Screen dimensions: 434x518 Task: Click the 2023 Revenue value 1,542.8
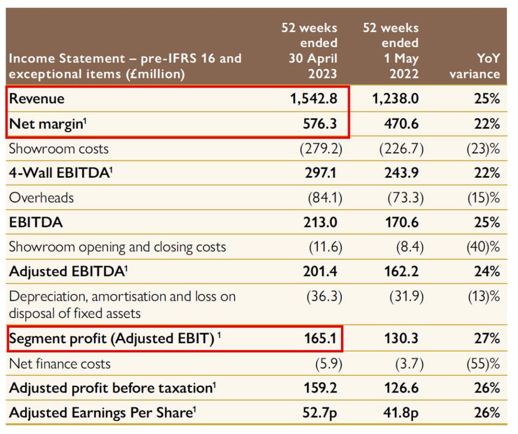(x=313, y=98)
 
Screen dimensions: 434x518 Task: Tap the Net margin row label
(x=45, y=124)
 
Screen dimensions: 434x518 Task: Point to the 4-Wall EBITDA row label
(x=60, y=173)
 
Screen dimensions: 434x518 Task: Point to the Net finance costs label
(x=60, y=364)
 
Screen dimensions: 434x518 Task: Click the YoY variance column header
(x=474, y=65)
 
